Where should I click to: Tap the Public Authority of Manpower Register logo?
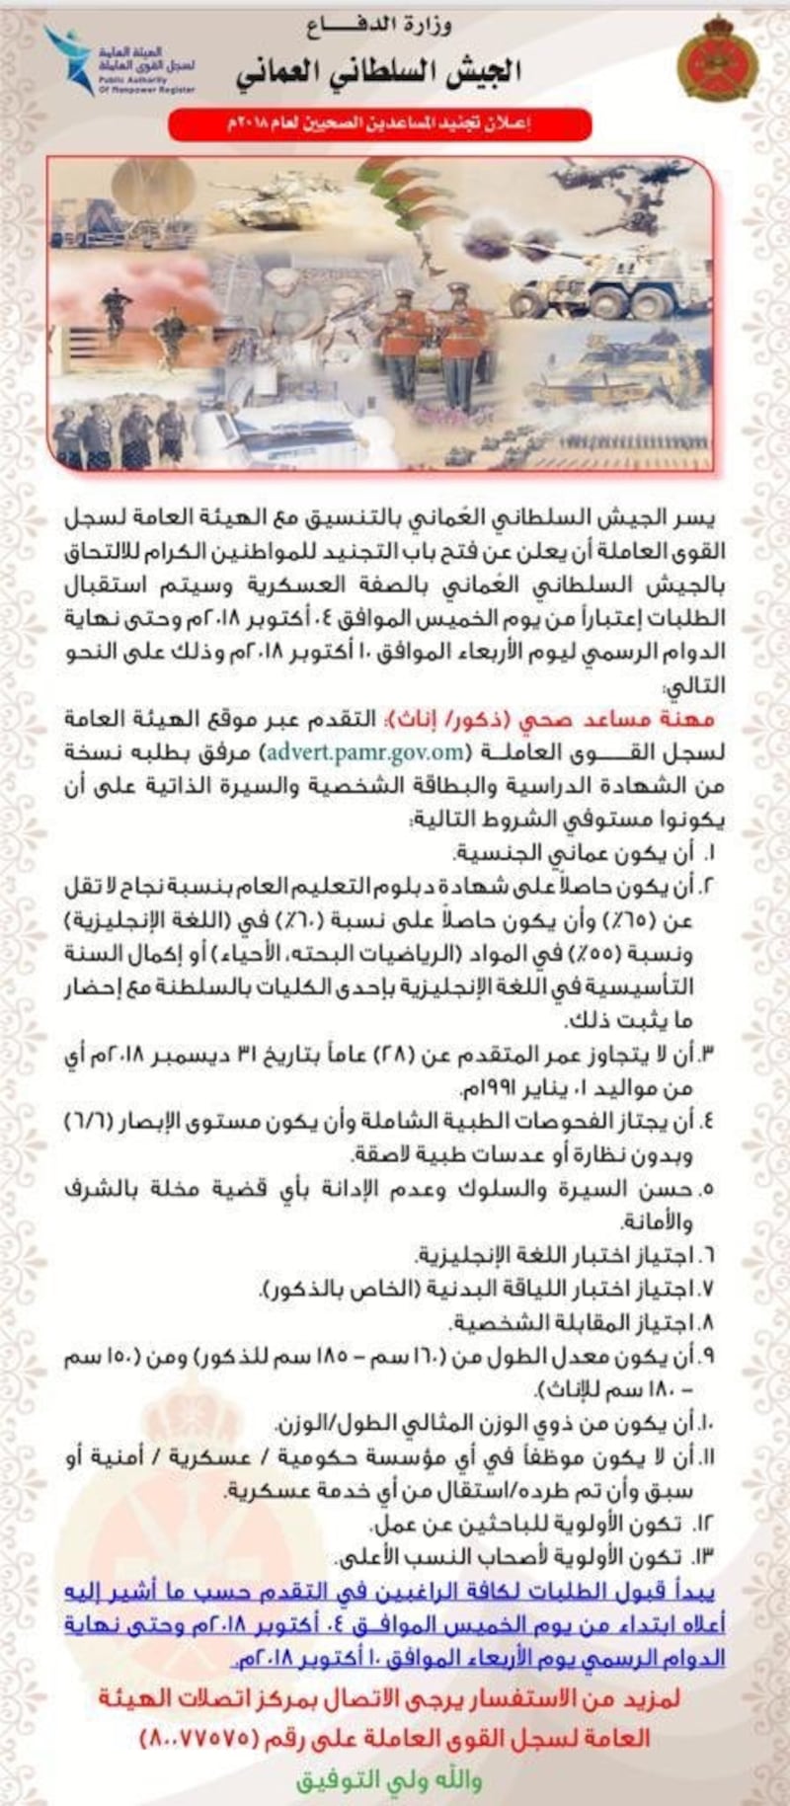(118, 61)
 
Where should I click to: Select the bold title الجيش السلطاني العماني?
(381, 72)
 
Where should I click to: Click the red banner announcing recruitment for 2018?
(380, 125)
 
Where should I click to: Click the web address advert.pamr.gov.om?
(363, 751)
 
